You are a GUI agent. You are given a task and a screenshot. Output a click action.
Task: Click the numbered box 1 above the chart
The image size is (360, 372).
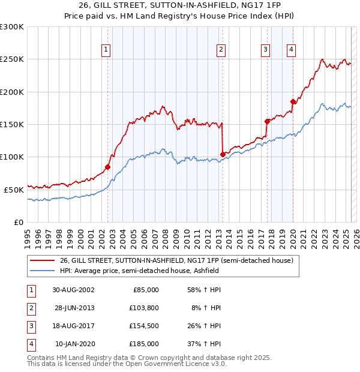106,50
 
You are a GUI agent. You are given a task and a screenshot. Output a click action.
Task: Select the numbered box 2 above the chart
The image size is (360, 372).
221,50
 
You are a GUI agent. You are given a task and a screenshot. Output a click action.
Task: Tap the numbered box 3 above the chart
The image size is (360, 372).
265,50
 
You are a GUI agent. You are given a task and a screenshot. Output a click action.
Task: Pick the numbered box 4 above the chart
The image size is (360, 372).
291,50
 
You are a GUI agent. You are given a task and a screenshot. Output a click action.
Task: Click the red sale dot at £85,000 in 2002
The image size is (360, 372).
108,167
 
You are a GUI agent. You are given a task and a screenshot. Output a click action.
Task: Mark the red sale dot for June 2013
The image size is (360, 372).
223,154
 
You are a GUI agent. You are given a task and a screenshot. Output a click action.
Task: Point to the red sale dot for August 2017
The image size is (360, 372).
267,121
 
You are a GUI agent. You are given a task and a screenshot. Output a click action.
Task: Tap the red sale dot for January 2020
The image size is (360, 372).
293,101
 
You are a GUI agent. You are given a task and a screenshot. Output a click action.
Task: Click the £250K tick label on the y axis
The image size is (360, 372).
12,59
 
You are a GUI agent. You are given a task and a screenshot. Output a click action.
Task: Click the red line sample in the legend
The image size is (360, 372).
41,261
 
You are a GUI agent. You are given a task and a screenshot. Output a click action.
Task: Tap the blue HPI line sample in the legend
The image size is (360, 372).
41,271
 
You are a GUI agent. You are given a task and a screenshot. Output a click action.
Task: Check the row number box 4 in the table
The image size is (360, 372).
30,344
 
